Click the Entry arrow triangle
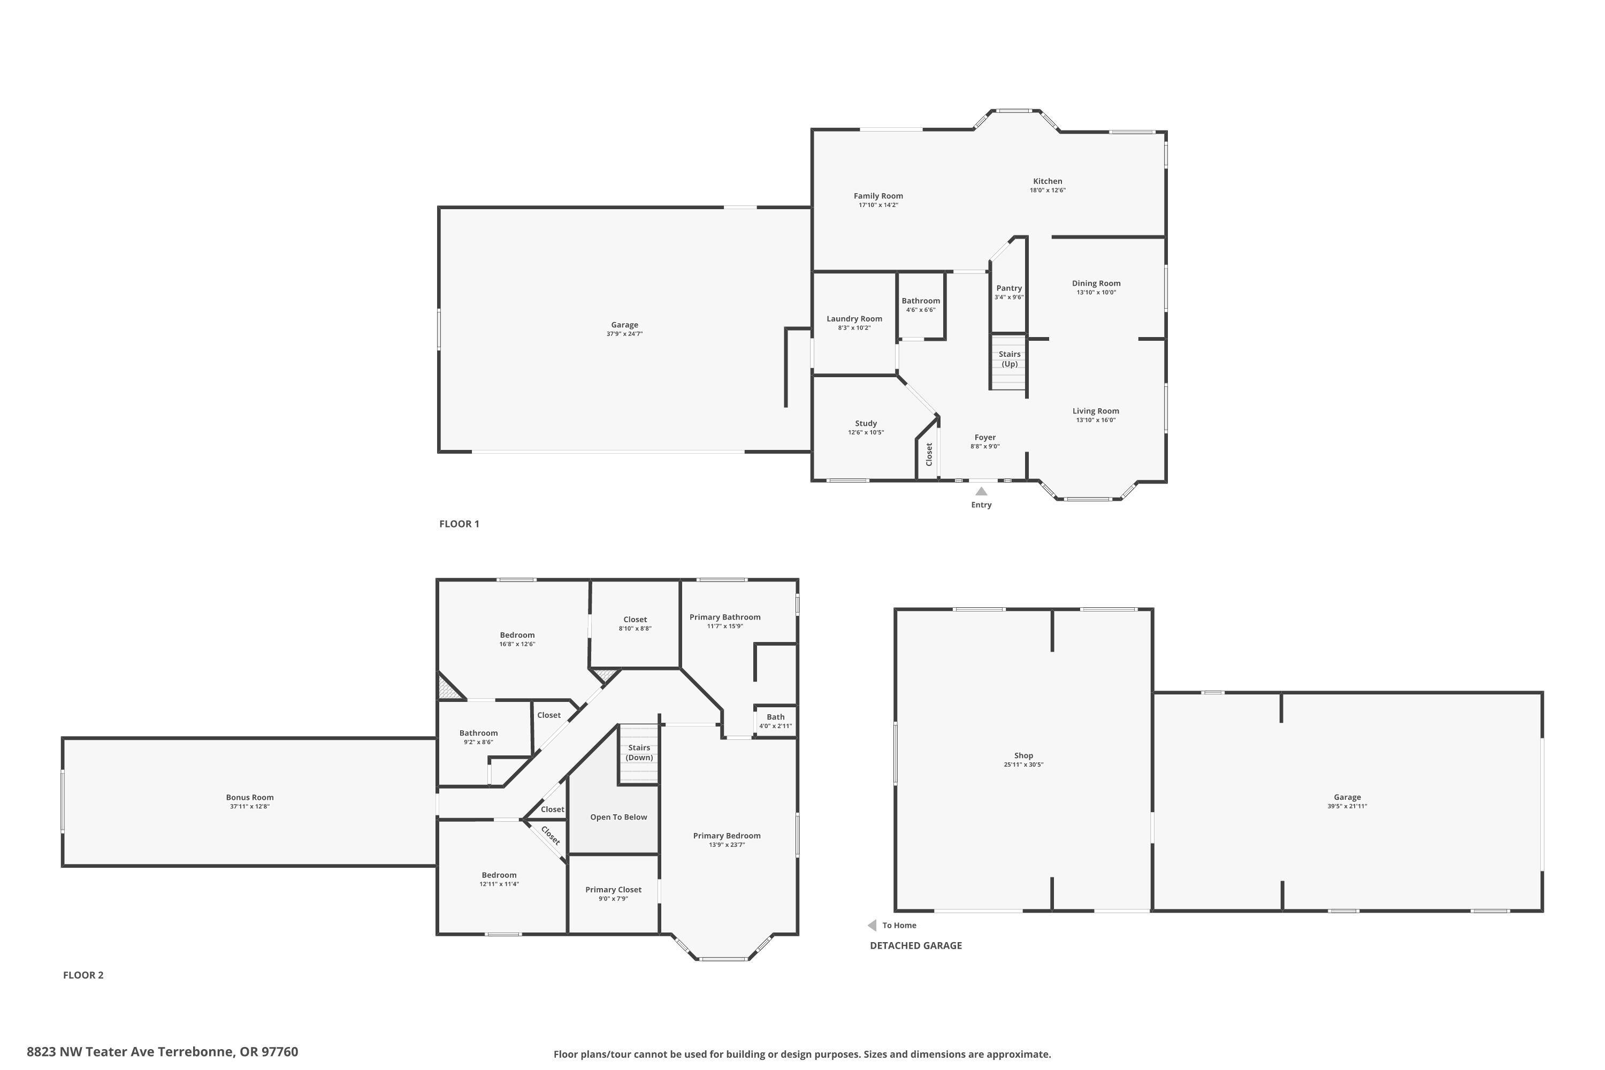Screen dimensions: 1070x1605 click(981, 491)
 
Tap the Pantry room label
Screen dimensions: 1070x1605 click(1008, 288)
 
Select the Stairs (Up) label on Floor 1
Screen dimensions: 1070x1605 click(1009, 359)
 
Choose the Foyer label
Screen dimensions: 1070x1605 click(985, 438)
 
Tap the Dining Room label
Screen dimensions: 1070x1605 click(1096, 283)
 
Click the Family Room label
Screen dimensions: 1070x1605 click(878, 196)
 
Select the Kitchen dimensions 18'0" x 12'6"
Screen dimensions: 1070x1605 click(1048, 190)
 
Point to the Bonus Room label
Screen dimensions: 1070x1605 click(250, 797)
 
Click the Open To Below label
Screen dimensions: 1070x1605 click(618, 817)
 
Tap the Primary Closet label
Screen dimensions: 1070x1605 click(613, 889)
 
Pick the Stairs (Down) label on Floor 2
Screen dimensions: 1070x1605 click(639, 752)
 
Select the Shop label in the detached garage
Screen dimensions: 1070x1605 click(1023, 755)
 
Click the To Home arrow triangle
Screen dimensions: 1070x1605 click(872, 926)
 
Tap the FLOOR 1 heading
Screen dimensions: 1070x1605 click(459, 524)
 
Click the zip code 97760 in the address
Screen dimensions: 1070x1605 click(280, 1052)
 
